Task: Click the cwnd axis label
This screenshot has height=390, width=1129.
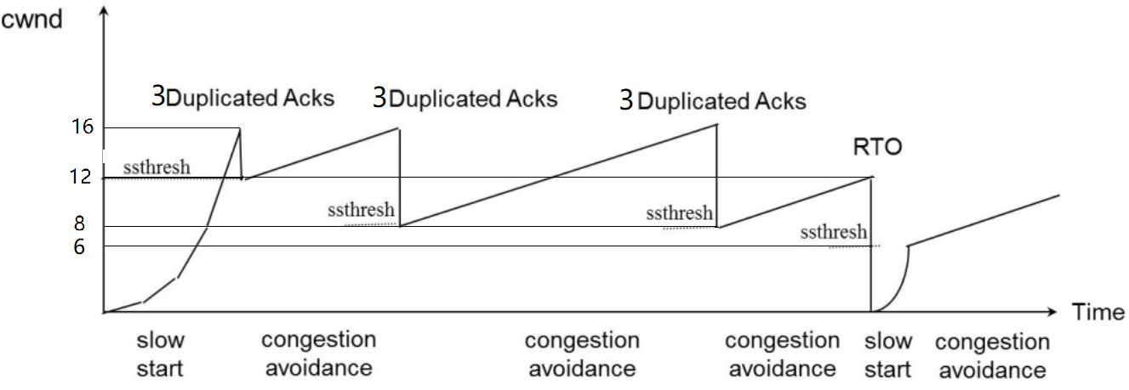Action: coord(31,19)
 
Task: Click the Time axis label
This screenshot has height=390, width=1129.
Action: coord(1098,313)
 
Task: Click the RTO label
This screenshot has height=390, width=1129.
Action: coord(876,149)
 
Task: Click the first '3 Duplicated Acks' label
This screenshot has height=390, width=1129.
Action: coord(242,97)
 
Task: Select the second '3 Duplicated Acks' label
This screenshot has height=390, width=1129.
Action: coord(465,99)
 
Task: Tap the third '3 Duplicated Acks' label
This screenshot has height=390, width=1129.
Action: coord(712,102)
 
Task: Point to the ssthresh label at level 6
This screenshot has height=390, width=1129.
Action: coord(834,232)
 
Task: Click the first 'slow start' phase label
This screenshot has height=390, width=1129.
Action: coord(160,354)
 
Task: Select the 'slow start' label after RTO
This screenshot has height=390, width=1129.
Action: coord(888,355)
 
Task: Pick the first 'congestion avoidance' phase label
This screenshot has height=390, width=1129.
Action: coord(318,354)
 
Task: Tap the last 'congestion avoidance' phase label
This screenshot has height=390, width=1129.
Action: coord(991,356)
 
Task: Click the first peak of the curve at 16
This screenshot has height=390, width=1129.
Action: coord(239,129)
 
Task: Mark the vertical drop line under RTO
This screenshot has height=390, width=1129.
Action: coord(871,246)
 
